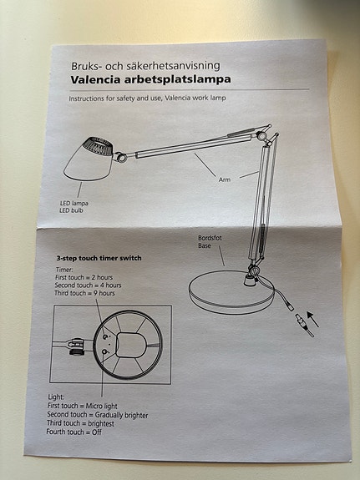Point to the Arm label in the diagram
pos(225,179)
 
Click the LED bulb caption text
pos(71,210)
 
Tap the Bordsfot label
pos(210,238)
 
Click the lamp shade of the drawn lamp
pos(89,159)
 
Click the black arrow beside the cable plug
pos(313,319)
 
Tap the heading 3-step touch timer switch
pos(99,258)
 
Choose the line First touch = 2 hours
pos(84,277)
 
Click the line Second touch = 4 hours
pos(88,285)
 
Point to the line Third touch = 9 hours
pos(84,293)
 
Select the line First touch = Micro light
pos(83,406)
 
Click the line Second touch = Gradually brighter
pos(98,415)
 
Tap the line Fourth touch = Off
pos(74,432)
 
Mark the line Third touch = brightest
pos(80,423)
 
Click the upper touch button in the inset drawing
pos(106,337)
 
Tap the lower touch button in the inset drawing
pos(105,351)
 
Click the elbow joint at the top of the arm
pos(262,134)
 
